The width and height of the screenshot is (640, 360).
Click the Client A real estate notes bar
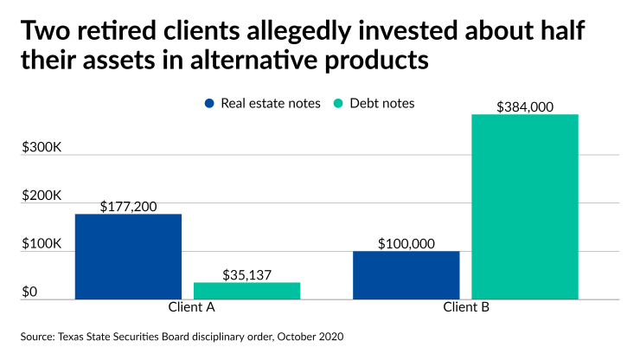point(128,256)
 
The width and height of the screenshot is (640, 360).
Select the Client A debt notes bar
point(246,291)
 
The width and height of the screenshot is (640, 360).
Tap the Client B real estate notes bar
point(406,275)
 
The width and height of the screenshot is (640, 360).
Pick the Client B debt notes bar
point(525,207)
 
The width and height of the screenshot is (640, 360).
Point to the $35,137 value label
point(246,274)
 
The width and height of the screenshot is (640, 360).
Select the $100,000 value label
point(406,244)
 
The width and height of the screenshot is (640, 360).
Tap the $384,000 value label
point(525,106)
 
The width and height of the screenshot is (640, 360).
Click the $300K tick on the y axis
point(42,147)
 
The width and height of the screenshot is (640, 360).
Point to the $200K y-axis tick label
point(42,196)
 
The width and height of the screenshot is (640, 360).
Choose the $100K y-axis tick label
point(42,244)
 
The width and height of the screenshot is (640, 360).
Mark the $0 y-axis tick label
point(30,292)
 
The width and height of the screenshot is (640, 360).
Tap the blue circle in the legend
point(209,103)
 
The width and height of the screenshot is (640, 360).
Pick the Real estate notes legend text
point(271,103)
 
